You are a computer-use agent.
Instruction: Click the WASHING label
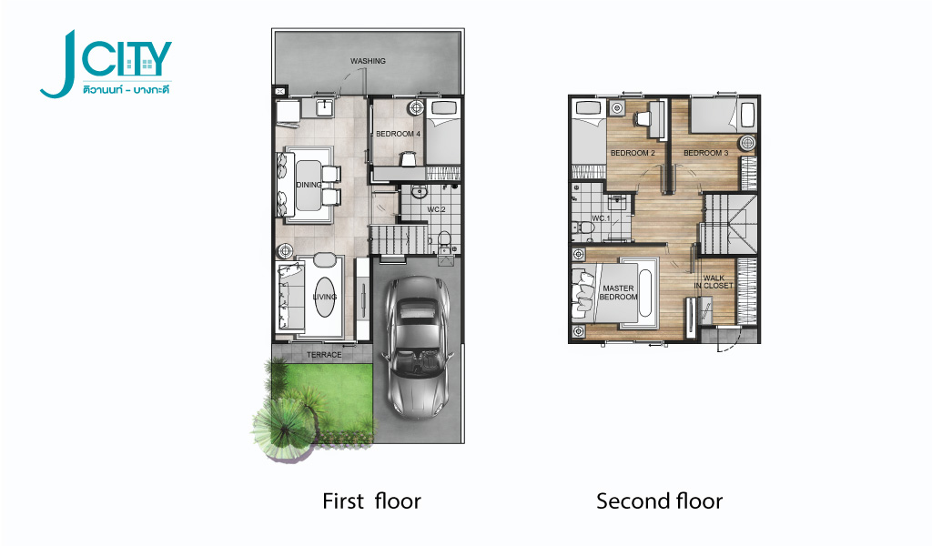tap(368, 61)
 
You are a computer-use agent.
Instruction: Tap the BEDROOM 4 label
tap(398, 134)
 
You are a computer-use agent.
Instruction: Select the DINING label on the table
tap(309, 185)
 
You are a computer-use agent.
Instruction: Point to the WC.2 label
tap(436, 209)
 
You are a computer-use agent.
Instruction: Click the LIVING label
tap(325, 297)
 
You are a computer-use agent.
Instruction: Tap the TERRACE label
tap(324, 355)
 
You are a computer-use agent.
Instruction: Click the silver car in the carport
tap(418, 348)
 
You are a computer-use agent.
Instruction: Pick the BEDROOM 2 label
tap(633, 153)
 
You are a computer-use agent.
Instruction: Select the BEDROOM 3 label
tap(705, 153)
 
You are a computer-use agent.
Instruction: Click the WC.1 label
tap(601, 218)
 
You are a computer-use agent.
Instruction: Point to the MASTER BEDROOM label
tap(618, 292)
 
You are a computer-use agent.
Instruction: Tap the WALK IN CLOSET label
tap(714, 281)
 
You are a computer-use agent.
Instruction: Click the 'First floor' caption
tap(371, 500)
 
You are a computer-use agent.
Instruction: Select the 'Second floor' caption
tap(659, 500)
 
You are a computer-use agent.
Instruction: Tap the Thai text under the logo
tap(127, 90)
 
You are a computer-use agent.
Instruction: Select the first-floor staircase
tap(399, 238)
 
